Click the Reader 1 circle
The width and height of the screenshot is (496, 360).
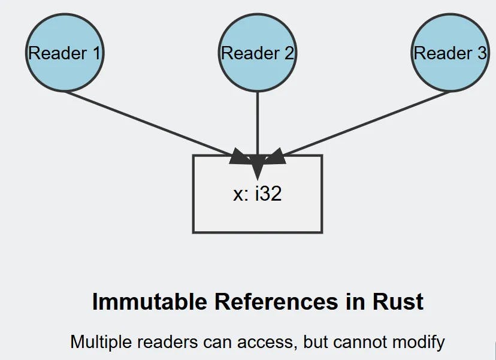65,36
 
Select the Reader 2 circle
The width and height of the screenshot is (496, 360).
258,36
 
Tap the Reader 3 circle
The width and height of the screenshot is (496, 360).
450,36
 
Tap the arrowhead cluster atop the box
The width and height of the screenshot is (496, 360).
257,161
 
